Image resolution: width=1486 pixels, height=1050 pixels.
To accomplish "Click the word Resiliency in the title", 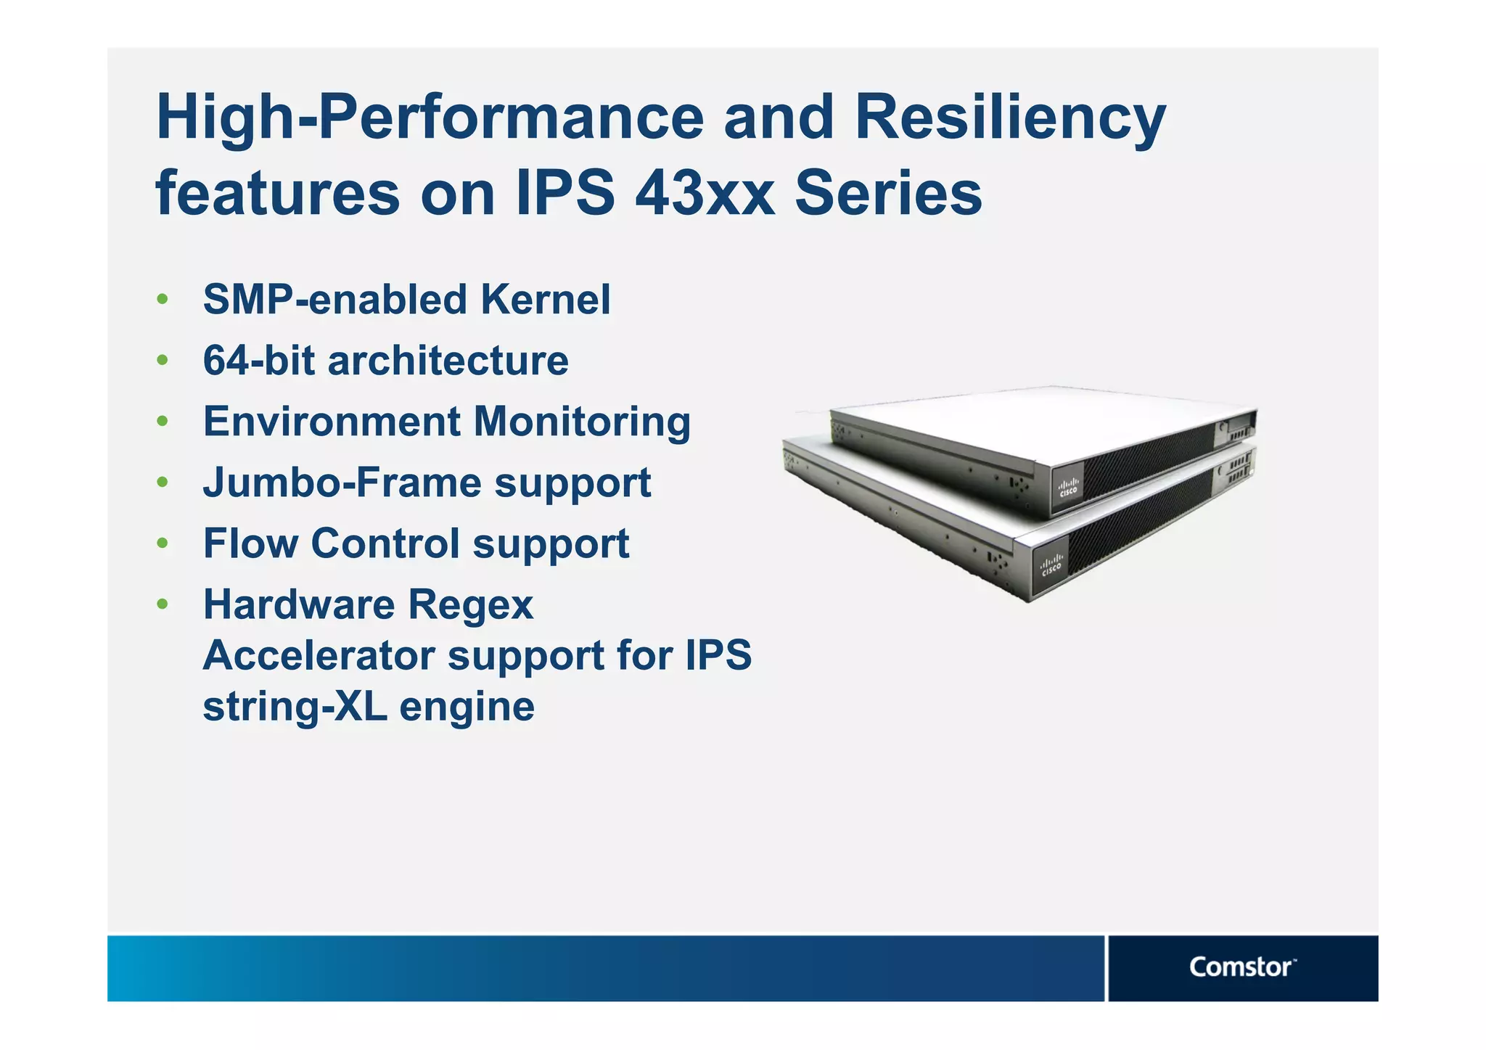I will (1009, 119).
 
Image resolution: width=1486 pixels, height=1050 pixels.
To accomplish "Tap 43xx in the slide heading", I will (705, 194).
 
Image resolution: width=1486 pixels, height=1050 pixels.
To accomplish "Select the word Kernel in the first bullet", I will (545, 300).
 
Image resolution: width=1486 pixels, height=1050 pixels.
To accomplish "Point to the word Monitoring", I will (582, 422).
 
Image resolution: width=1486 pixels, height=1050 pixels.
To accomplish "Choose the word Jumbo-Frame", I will (341, 483).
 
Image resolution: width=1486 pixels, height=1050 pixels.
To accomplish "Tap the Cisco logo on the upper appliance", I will (1068, 488).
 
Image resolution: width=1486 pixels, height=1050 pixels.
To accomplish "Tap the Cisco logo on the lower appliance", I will (1051, 565).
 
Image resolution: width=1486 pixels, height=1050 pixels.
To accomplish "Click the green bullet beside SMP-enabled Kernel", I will (163, 300).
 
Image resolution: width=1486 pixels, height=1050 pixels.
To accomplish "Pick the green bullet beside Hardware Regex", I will (163, 604).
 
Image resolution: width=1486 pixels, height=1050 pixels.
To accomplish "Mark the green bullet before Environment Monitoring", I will (163, 422).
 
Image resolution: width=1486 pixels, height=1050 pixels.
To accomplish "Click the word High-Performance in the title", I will (430, 119).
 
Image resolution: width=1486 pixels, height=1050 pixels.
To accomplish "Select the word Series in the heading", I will (888, 194).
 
